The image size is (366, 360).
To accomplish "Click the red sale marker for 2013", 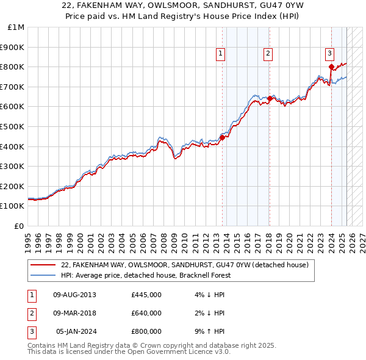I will click(222, 137).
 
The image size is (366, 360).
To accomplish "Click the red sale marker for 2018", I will click(270, 98).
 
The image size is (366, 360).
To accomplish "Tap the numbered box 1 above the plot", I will click(220, 54).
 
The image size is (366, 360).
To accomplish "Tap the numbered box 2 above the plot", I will click(268, 54).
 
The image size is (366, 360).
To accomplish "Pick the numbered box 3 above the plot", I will click(329, 54).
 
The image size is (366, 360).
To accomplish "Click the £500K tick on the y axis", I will click(13, 126).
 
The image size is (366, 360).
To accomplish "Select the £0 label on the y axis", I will click(19, 226).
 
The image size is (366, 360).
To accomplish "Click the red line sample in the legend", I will click(43, 265).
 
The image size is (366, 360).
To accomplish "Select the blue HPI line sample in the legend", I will click(43, 276).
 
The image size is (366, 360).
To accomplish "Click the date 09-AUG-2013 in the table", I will click(74, 295).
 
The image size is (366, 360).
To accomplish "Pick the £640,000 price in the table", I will click(146, 313).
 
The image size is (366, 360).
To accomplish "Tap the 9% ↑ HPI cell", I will click(211, 331).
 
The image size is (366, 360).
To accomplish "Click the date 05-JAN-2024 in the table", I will click(76, 331).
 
